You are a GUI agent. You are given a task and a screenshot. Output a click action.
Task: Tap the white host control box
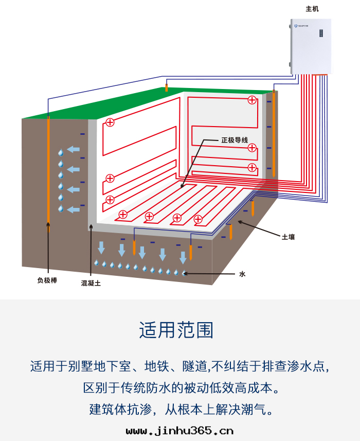[311, 46]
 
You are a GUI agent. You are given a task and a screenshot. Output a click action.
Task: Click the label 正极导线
[235, 140]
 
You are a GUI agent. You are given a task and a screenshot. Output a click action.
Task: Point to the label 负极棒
[46, 281]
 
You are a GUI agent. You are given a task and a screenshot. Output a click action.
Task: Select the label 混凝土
[91, 283]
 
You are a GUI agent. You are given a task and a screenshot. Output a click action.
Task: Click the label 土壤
[288, 237]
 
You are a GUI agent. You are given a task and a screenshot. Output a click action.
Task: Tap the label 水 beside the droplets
[242, 274]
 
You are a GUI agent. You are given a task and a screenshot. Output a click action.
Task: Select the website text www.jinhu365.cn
[179, 430]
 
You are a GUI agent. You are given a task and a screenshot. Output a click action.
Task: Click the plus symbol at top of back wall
[252, 100]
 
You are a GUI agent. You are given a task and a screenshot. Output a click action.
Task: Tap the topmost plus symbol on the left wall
[110, 122]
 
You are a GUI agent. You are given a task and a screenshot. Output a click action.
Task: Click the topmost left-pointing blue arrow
[74, 150]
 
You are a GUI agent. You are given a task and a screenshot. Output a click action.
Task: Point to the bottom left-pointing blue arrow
[74, 209]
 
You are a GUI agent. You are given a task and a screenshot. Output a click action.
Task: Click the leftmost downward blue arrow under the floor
[101, 247]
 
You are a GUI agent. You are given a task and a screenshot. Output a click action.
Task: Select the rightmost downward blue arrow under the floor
[183, 257]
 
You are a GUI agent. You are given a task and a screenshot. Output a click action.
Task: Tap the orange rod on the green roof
[166, 87]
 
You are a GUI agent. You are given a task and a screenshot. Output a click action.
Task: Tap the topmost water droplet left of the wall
[61, 153]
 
